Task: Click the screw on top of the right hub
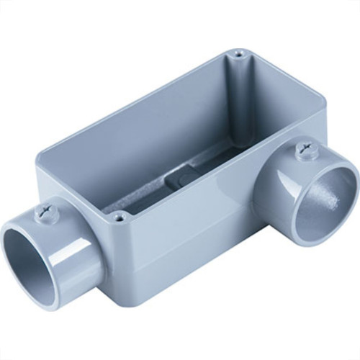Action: [303, 153]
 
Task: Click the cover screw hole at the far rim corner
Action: [237, 54]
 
